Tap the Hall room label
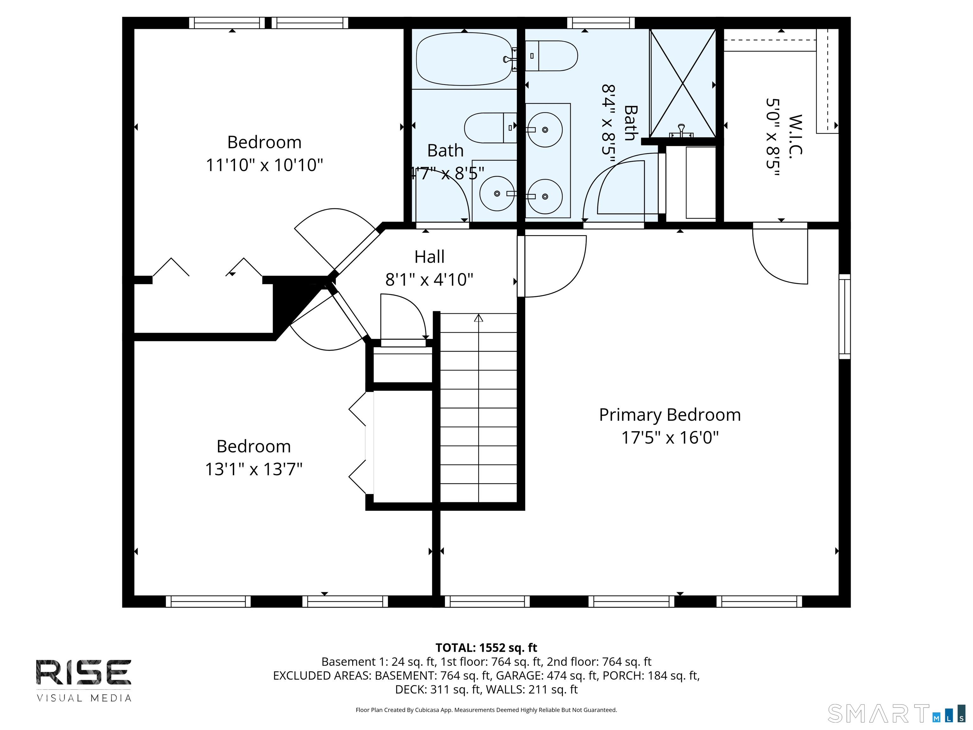click(x=429, y=257)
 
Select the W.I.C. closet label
click(x=796, y=135)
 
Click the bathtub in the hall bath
click(x=465, y=59)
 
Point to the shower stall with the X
click(x=683, y=83)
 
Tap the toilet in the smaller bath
click(x=490, y=128)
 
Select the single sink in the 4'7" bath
click(x=497, y=194)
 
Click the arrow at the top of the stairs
click(x=479, y=318)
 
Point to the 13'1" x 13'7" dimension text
click(x=254, y=469)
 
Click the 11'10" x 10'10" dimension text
click(x=264, y=165)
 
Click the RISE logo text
click(x=84, y=672)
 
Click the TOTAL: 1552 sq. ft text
click(x=486, y=648)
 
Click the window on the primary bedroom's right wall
click(x=844, y=317)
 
